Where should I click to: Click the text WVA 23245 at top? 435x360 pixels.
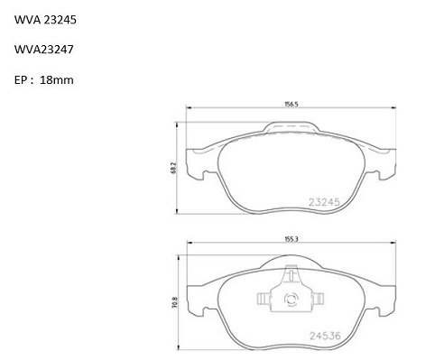coord(45,20)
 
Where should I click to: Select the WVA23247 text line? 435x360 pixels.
coord(44,50)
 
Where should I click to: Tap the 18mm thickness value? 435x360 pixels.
coord(57,80)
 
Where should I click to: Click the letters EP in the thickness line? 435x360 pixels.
coord(21,80)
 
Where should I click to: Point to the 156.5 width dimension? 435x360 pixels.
coord(292,105)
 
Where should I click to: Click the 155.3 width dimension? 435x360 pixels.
coord(292,239)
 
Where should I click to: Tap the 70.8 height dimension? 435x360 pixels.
coord(176,303)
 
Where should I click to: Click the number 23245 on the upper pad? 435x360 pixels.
coord(324,202)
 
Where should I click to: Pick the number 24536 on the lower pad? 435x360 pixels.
coord(326,336)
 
